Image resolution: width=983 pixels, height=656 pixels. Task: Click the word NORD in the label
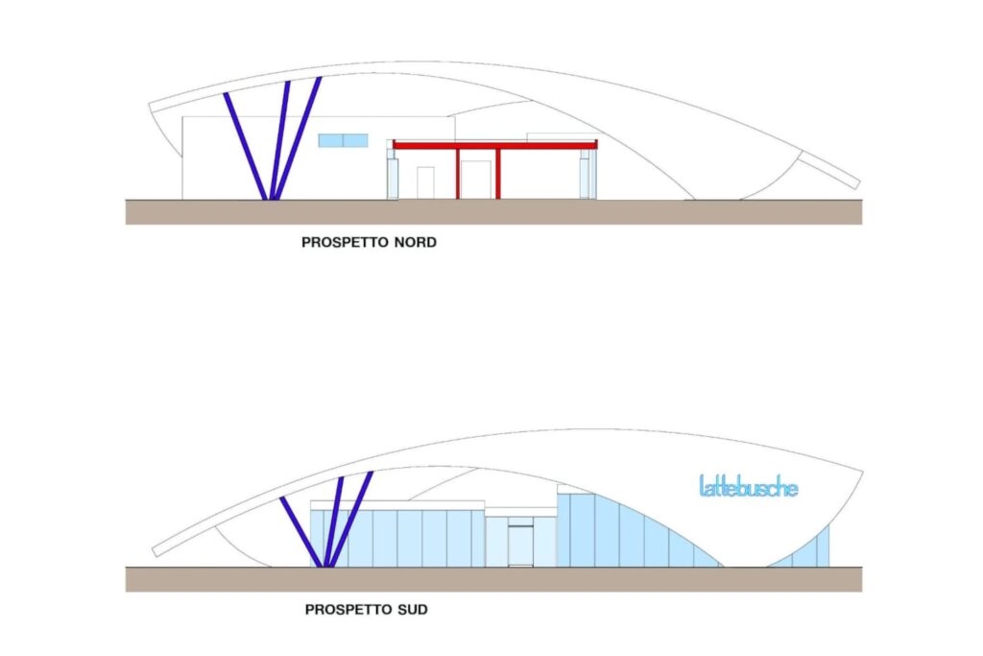tap(415, 242)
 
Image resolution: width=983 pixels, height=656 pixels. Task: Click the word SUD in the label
tap(413, 610)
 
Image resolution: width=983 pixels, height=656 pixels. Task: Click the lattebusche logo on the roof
tap(749, 486)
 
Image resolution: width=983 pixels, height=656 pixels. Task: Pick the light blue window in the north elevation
tap(343, 140)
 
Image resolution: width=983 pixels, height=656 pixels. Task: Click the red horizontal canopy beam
tap(494, 145)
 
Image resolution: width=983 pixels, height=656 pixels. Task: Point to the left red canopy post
tap(458, 174)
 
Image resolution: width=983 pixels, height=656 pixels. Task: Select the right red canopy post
tap(498, 174)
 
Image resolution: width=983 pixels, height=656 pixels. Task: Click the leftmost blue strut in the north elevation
tap(246, 147)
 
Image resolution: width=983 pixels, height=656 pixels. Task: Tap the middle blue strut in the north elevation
tap(279, 140)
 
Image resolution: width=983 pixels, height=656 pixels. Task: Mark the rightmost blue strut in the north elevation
tap(298, 138)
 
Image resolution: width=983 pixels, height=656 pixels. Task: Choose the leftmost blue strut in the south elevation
tap(301, 532)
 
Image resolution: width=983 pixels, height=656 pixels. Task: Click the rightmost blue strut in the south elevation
tap(351, 520)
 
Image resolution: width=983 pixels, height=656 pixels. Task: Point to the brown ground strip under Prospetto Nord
tap(494, 212)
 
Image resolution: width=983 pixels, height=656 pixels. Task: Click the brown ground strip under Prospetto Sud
tap(494, 579)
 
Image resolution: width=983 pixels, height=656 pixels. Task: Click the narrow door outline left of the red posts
tap(425, 183)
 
